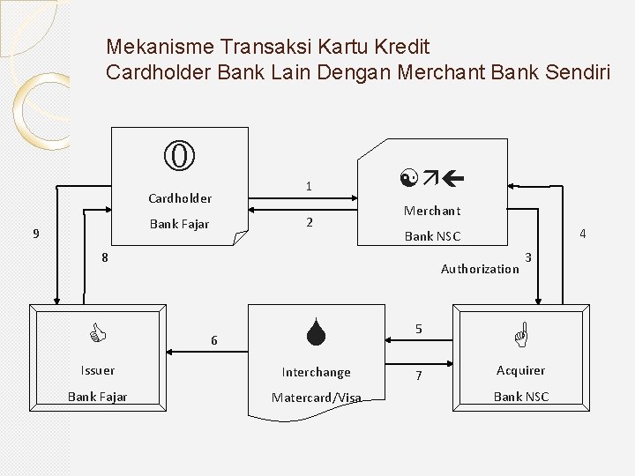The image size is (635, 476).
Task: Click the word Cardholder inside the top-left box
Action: tap(180, 198)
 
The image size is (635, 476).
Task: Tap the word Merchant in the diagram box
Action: tap(431, 211)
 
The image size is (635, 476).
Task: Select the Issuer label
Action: tap(97, 370)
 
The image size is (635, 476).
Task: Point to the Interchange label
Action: tap(316, 372)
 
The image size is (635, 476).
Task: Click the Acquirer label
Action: tap(520, 370)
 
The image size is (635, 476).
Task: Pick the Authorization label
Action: tap(480, 269)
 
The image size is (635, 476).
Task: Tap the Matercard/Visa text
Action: tap(316, 398)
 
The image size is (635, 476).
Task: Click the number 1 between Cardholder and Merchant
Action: tap(308, 186)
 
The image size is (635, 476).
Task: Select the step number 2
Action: tap(309, 222)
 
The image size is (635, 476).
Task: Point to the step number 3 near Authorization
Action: tap(527, 257)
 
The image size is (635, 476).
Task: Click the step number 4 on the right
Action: tap(582, 234)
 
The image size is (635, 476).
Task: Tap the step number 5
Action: tap(418, 329)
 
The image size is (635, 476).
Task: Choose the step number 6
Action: tap(213, 340)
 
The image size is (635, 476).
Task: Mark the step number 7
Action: tap(418, 376)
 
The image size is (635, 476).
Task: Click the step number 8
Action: tap(104, 257)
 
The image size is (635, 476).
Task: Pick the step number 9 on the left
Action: tap(35, 234)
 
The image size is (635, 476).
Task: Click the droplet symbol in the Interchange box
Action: tap(316, 333)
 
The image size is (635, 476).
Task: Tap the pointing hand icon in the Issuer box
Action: tap(98, 333)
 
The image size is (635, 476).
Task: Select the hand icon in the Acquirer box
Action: tap(520, 333)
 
